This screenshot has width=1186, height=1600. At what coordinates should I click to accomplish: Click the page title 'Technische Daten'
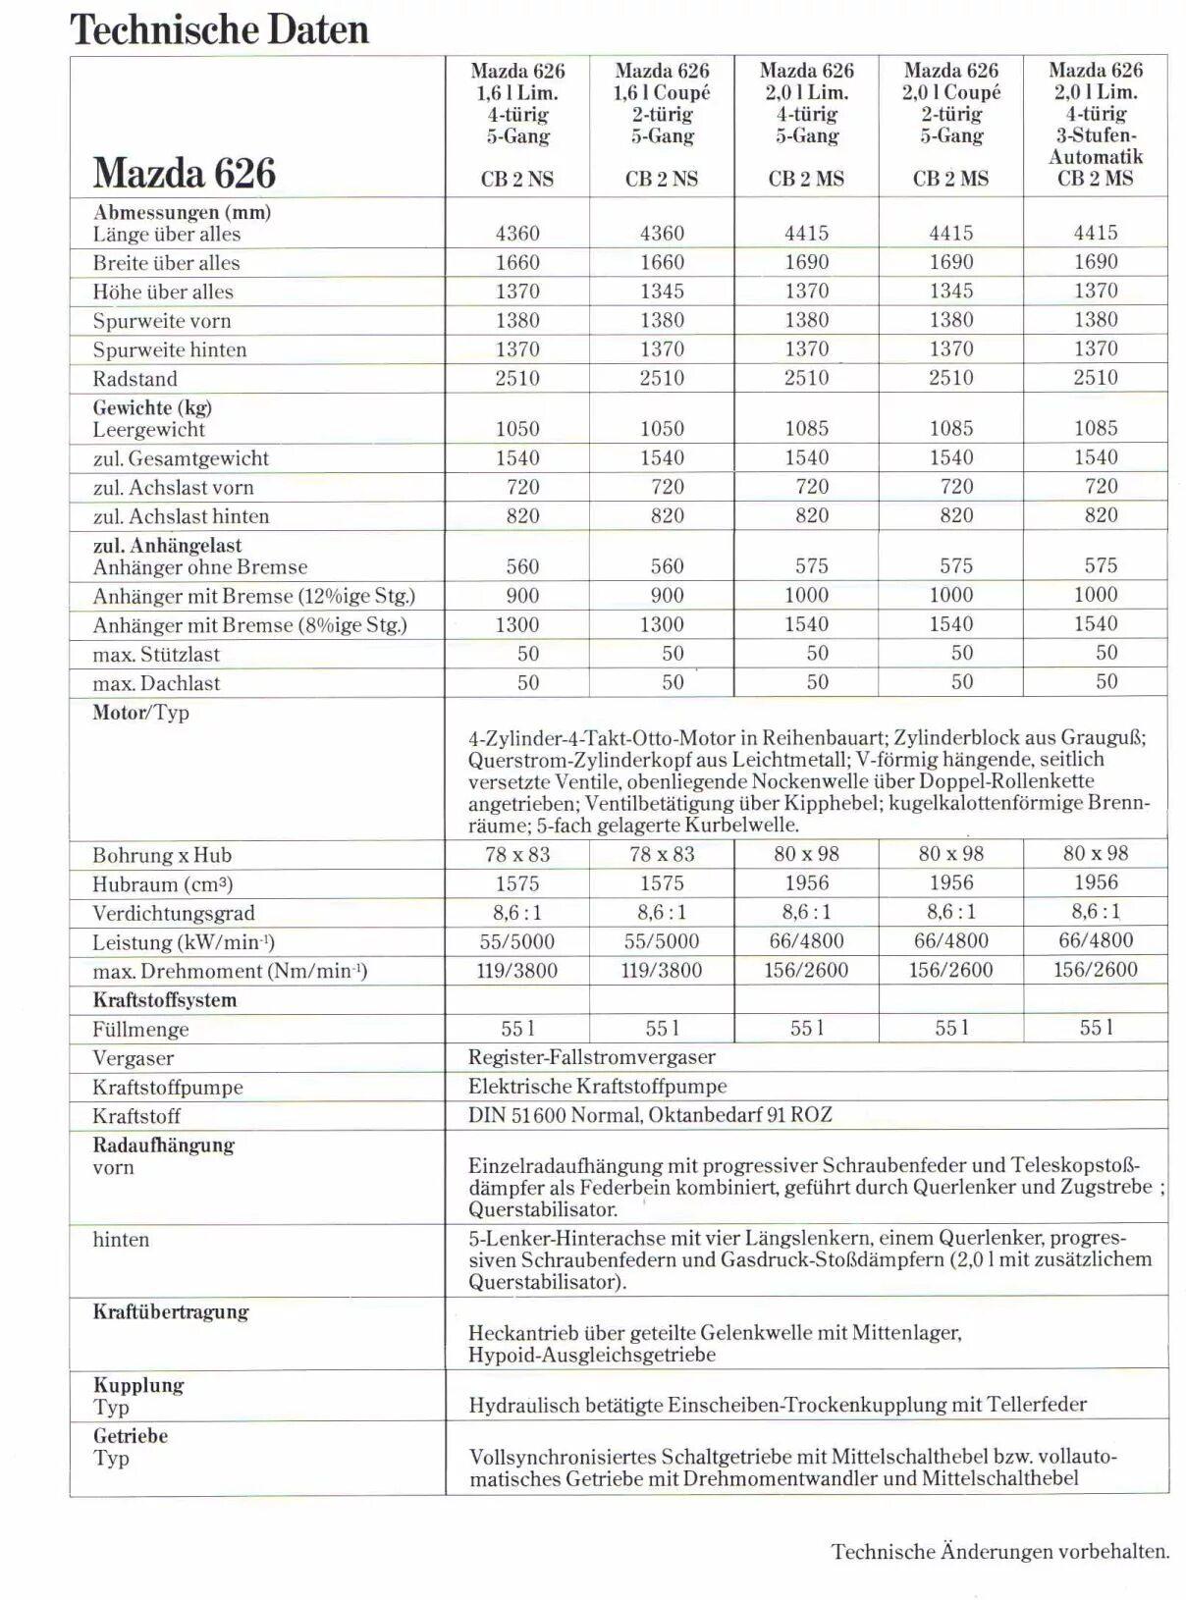tap(219, 29)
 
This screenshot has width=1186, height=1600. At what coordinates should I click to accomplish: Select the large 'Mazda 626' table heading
tap(185, 173)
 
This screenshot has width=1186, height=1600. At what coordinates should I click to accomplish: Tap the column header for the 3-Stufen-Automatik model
tap(1096, 124)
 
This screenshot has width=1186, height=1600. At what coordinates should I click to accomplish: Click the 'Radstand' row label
tap(135, 379)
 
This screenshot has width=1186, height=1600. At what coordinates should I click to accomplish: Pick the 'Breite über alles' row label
tap(166, 263)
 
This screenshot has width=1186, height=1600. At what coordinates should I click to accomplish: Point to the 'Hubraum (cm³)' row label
tap(162, 884)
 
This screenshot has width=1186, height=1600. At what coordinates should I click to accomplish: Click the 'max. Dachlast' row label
tap(156, 683)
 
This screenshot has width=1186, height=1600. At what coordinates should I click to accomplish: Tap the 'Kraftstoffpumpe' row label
tap(167, 1088)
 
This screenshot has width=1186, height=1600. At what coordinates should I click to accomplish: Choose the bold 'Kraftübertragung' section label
tap(171, 1311)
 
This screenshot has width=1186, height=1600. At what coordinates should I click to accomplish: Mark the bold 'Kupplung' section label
tap(138, 1385)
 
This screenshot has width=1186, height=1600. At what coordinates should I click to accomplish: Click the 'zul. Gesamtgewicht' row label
tap(181, 458)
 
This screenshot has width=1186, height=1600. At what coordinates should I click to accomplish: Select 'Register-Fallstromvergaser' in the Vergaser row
tap(591, 1057)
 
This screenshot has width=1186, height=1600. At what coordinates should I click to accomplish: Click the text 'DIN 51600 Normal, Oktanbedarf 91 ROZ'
tap(650, 1115)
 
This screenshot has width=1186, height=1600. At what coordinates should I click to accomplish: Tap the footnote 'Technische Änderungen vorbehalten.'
tap(1000, 1552)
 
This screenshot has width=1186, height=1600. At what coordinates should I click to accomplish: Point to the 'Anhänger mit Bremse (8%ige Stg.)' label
tap(249, 625)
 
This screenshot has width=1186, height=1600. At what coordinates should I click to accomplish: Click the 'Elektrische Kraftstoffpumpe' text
tap(597, 1087)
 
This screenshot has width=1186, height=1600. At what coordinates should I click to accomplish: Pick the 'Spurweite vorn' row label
tap(162, 321)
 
